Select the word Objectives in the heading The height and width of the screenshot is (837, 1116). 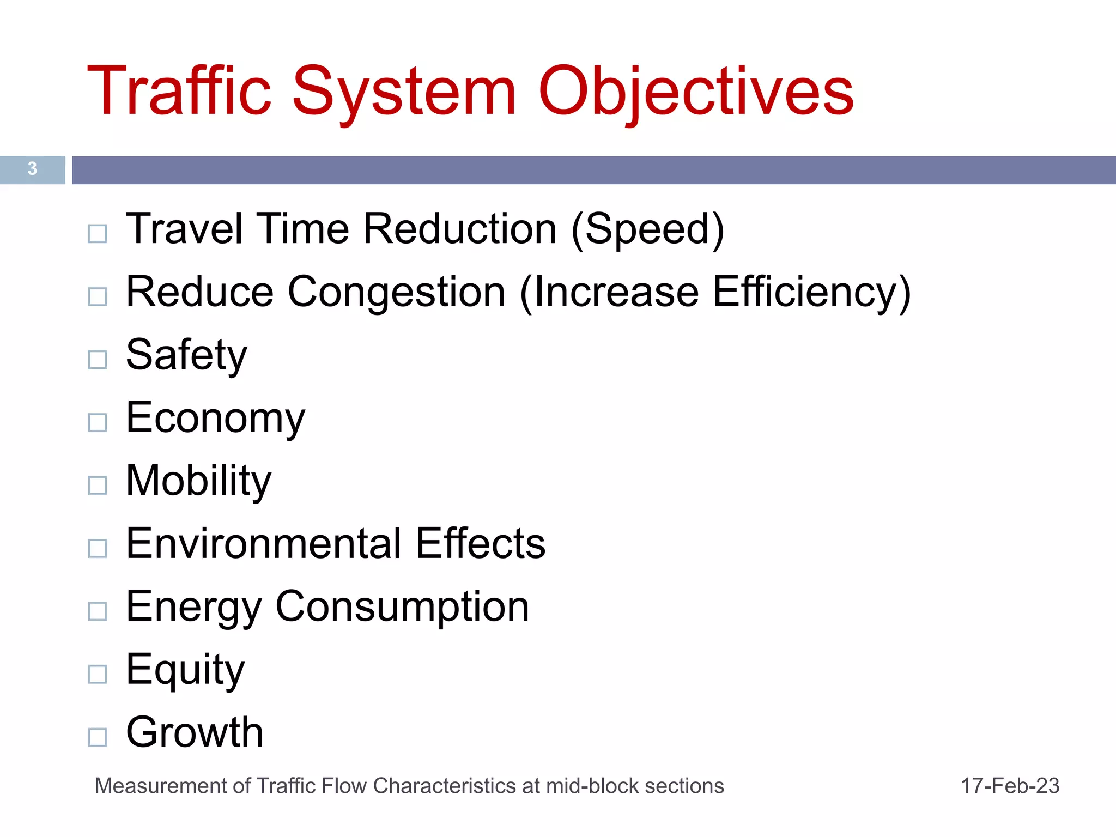(696, 91)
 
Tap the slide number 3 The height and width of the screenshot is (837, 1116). (32, 169)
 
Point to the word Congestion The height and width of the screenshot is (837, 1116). (396, 292)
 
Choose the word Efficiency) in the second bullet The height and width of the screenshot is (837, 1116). (811, 292)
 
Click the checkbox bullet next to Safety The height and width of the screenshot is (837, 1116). (98, 360)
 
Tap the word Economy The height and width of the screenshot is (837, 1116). (215, 418)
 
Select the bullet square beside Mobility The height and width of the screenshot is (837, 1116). (98, 485)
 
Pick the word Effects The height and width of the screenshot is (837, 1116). (480, 544)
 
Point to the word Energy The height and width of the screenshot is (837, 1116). (193, 607)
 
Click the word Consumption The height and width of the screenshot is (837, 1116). (402, 607)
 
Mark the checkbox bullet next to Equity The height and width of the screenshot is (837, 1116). (98, 674)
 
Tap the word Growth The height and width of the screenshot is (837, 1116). (195, 732)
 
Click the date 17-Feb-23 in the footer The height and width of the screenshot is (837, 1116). (1010, 786)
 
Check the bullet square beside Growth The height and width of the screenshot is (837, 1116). (98, 737)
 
